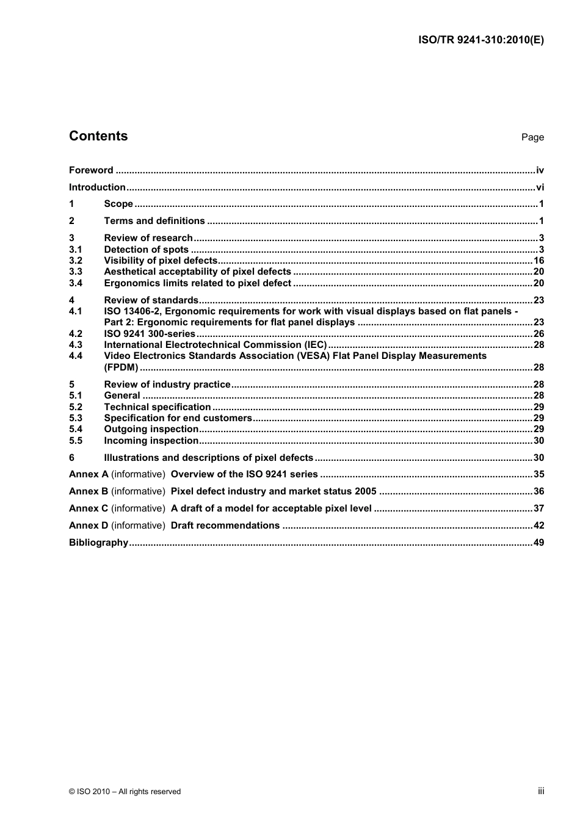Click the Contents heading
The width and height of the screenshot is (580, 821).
pyautogui.click(x=98, y=136)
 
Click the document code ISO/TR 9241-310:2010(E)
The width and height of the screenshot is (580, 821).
pyautogui.click(x=480, y=40)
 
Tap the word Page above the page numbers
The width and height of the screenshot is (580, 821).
pyautogui.click(x=532, y=137)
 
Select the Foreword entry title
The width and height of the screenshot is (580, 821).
pyautogui.click(x=91, y=170)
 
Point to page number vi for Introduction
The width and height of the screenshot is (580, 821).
pyautogui.click(x=540, y=187)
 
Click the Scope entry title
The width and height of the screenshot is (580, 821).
pyautogui.click(x=118, y=204)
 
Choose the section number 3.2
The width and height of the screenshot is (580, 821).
pyautogui.click(x=76, y=261)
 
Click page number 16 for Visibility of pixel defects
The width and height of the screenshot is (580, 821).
pyautogui.click(x=538, y=261)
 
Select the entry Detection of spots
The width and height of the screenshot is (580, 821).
pyautogui.click(x=146, y=250)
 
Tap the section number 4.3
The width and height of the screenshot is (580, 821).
pyautogui.click(x=76, y=345)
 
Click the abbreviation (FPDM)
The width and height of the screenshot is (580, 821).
pyautogui.click(x=121, y=367)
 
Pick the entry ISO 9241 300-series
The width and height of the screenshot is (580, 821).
pyautogui.click(x=150, y=334)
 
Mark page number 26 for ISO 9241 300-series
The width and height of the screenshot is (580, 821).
pyautogui.click(x=538, y=334)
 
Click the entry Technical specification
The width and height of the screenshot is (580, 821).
pyautogui.click(x=158, y=407)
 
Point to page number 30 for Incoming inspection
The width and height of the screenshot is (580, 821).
pyautogui.click(x=538, y=441)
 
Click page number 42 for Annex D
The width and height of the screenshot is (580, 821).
pyautogui.click(x=538, y=526)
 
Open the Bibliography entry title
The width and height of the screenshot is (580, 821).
pyautogui.click(x=98, y=543)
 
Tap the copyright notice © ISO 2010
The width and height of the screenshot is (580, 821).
pyautogui.click(x=125, y=792)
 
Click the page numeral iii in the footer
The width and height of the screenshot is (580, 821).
pyautogui.click(x=541, y=791)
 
